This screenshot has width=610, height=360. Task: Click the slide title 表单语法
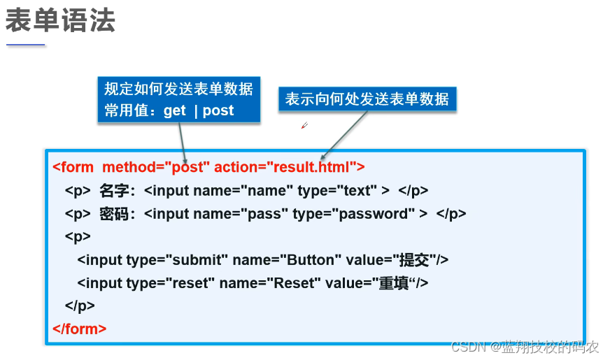tap(60, 21)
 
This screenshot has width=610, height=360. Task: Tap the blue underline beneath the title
tap(26, 45)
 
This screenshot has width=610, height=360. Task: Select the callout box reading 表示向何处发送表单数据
tap(367, 99)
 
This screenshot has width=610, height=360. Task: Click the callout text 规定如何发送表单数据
tap(178, 89)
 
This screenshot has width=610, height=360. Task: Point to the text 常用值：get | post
tap(169, 110)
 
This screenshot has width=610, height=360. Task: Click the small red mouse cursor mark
tap(304, 126)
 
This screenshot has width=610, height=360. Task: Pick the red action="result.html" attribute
tap(289, 167)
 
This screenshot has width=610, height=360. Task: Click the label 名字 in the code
tap(116, 190)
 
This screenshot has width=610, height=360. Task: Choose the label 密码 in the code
tap(116, 214)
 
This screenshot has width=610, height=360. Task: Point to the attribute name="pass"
tap(241, 214)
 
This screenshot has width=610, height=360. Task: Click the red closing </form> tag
tap(80, 328)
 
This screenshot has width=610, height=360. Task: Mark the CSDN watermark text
tap(525, 346)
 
